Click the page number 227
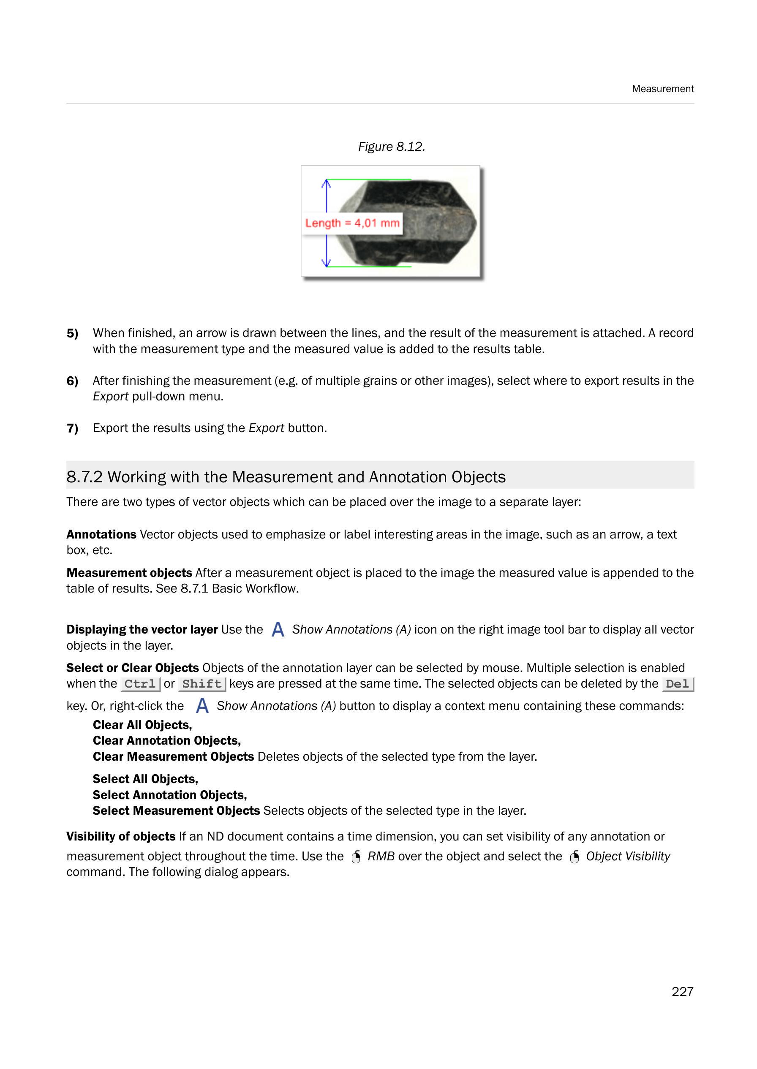(682, 992)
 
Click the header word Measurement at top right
(662, 89)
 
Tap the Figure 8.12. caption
(391, 147)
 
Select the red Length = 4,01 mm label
(352, 223)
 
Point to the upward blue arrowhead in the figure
(326, 183)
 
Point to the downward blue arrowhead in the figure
(326, 262)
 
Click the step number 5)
(72, 333)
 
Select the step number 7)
(72, 428)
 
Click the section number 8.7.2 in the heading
(84, 477)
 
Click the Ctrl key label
(140, 684)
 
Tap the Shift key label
(202, 684)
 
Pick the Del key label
(677, 684)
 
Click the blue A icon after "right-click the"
(202, 705)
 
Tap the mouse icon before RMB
(356, 857)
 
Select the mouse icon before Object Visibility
(575, 857)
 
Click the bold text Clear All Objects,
(142, 725)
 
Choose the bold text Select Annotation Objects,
(170, 795)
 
